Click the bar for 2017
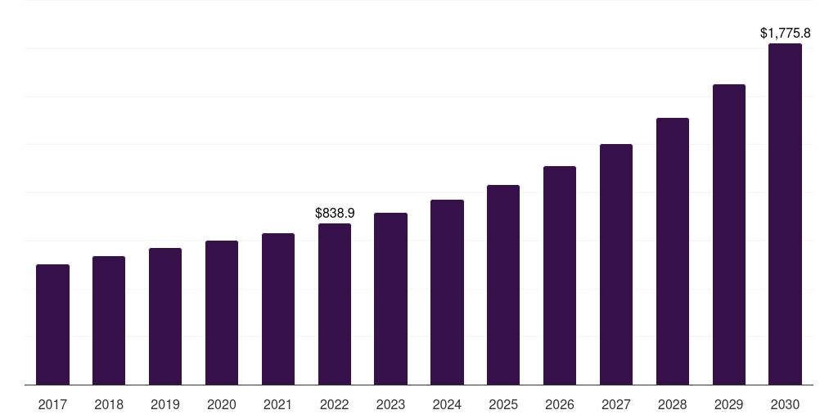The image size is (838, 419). point(52,325)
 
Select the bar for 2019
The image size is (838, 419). point(165,317)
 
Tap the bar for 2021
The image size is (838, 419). point(278,309)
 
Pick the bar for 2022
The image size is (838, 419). point(335,304)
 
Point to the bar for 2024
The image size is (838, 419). point(447,292)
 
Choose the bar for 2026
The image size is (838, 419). point(560,276)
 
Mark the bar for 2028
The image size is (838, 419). point(673,251)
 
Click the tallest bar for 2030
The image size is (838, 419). point(785,214)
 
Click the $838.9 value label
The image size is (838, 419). point(335,213)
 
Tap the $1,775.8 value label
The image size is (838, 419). point(785,34)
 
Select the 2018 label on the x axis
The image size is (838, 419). point(109,404)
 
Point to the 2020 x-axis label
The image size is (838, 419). point(222,404)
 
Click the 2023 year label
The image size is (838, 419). point(390,404)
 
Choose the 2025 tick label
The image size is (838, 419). point(503,404)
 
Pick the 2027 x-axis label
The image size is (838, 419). point(616,404)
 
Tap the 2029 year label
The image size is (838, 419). point(729,404)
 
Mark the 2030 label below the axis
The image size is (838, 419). point(785,404)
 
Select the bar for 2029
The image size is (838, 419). point(729,235)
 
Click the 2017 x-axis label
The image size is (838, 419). point(52,404)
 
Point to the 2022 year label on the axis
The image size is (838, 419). point(335,404)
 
